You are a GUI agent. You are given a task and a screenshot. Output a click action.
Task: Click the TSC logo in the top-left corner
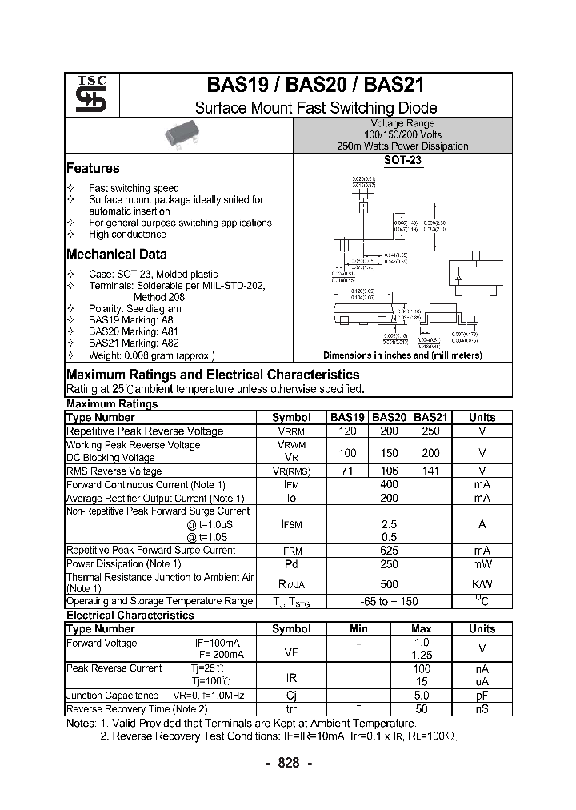point(86,95)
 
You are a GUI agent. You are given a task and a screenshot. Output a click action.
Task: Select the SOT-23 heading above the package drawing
point(402,160)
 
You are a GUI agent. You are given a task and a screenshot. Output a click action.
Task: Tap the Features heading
point(93,168)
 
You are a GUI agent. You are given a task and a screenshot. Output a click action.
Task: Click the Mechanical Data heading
point(117,254)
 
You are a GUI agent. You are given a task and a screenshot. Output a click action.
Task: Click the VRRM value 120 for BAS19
point(347,431)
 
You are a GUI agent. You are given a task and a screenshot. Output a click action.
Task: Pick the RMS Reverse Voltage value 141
point(430,471)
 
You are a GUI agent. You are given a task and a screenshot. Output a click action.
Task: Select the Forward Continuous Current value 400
point(389,484)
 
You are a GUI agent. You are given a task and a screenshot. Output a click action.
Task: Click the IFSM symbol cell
point(290,523)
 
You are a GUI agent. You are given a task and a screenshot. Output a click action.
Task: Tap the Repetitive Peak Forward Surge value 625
point(389,551)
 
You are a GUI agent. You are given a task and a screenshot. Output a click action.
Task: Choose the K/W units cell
point(482,583)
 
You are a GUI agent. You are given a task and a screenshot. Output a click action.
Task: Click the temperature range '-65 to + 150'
point(389,601)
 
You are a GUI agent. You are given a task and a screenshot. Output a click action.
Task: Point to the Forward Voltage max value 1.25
point(422,655)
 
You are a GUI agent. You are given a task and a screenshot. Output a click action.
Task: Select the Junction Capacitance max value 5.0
point(422,696)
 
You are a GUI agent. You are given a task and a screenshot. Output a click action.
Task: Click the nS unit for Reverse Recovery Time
point(482,708)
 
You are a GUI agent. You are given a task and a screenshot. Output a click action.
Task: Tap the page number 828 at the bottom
point(288,763)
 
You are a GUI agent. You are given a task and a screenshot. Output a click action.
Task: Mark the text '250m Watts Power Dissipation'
point(402,146)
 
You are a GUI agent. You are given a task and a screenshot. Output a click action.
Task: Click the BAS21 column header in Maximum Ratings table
point(430,417)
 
